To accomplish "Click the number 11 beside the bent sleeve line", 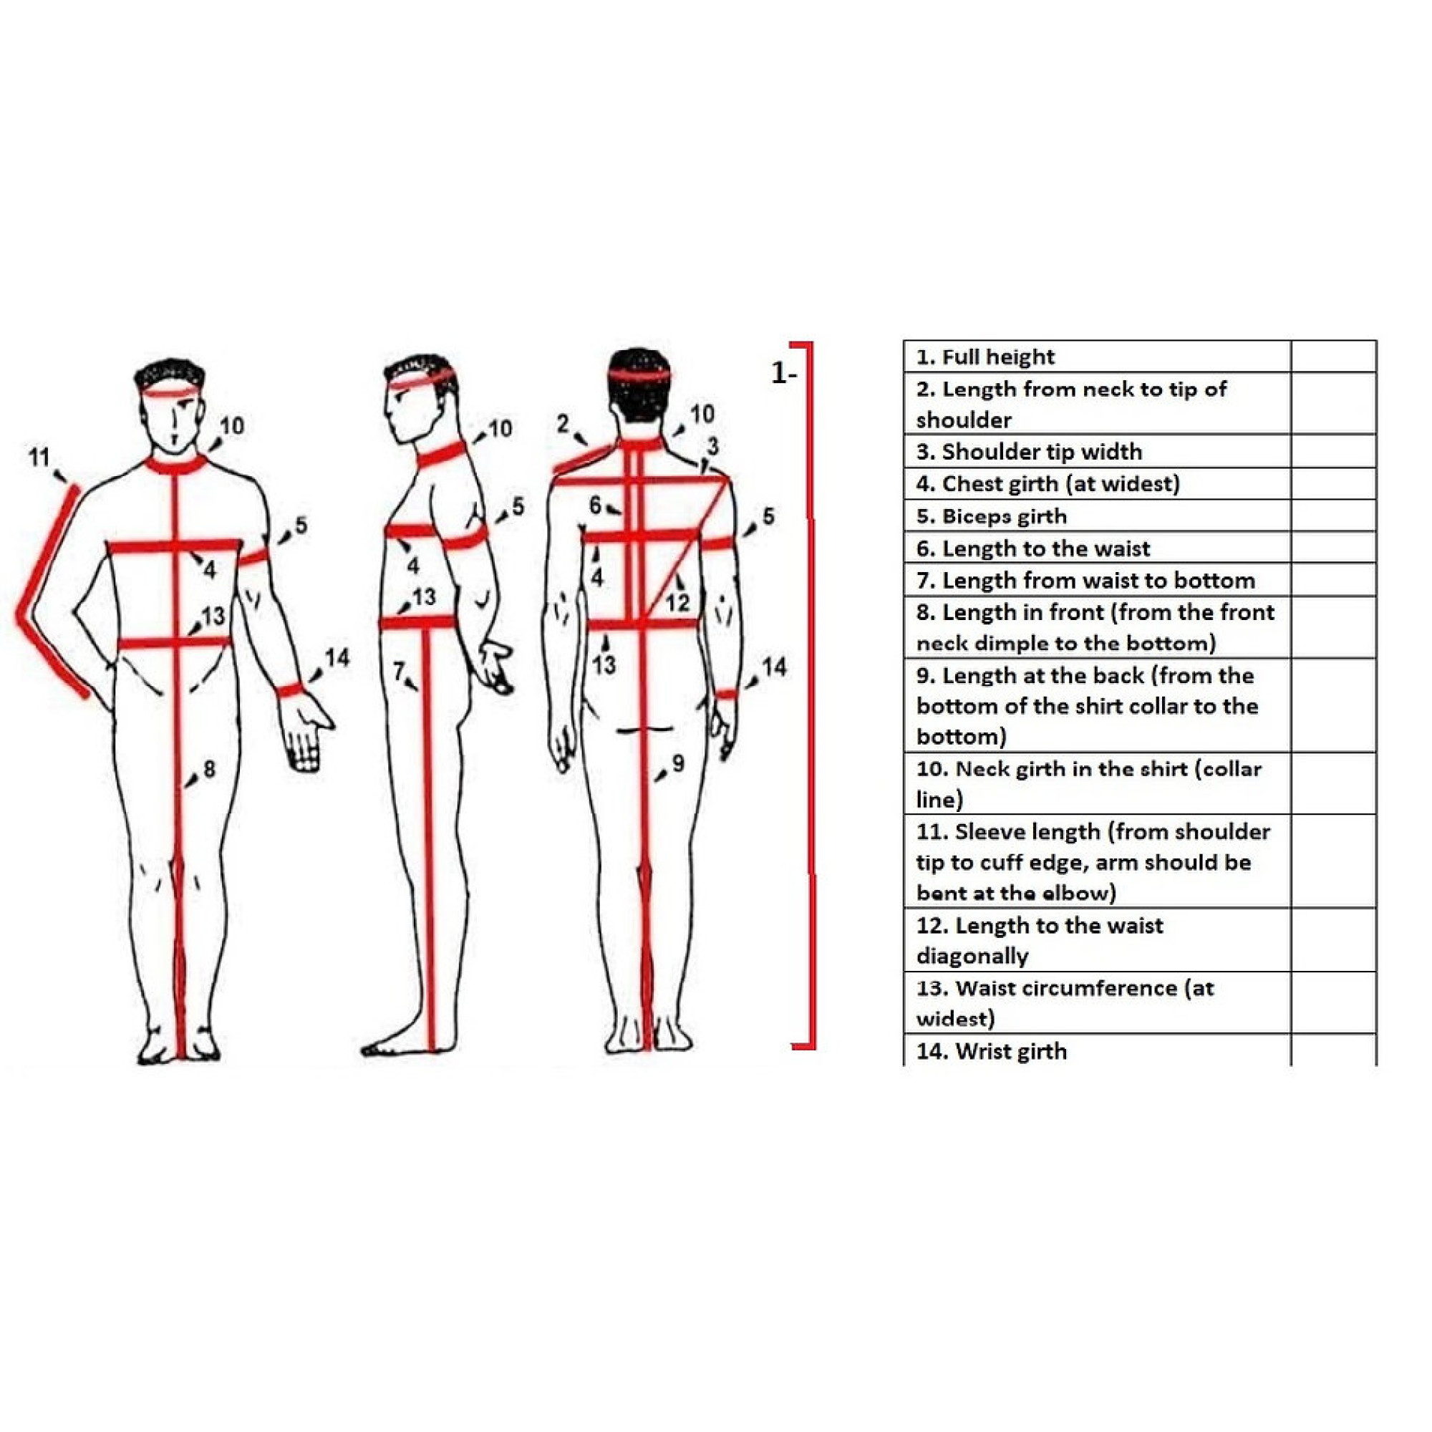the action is point(39,458).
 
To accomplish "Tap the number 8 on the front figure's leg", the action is point(209,770).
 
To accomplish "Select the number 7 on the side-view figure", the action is point(399,671).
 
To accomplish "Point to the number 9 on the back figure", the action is point(678,763).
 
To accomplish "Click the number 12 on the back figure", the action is point(677,603).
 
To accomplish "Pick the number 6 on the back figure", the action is point(595,505).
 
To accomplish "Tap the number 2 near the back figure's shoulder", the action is point(563,424).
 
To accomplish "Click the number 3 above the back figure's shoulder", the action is point(712,446).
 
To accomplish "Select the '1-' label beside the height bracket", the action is point(783,373).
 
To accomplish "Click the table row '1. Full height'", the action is point(985,357).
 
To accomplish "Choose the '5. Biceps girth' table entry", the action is point(992,516).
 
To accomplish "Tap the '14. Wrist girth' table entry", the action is point(992,1051).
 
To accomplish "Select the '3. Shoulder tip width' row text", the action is point(1029,451).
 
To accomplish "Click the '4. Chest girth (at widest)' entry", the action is point(1048,484).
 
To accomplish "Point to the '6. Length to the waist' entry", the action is point(1033,548).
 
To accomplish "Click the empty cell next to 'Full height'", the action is point(1333,357).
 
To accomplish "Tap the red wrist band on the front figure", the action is point(291,690).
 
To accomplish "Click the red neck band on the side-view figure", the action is point(442,453).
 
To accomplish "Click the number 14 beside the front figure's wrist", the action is point(337,657).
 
